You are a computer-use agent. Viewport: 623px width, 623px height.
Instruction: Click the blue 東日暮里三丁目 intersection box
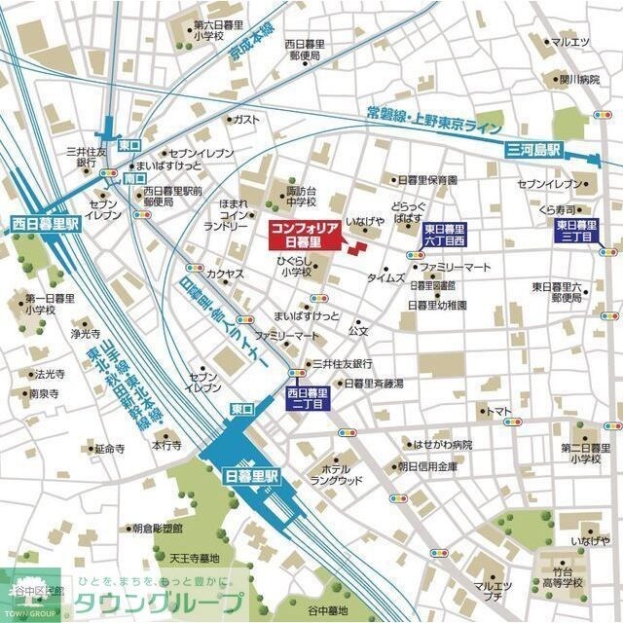coord(577,230)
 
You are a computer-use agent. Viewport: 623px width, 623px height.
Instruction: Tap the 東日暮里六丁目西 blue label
coord(446,234)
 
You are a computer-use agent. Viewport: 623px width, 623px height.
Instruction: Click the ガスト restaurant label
coord(246,119)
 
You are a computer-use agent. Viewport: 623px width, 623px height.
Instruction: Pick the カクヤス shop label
coord(225,275)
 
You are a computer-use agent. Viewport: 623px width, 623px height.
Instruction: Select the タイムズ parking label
coord(386,277)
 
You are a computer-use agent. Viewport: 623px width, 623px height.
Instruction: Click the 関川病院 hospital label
coord(578,79)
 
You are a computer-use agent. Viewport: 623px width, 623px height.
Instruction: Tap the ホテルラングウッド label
coord(336,474)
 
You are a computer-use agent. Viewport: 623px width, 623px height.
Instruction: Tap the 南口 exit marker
coord(134,180)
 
